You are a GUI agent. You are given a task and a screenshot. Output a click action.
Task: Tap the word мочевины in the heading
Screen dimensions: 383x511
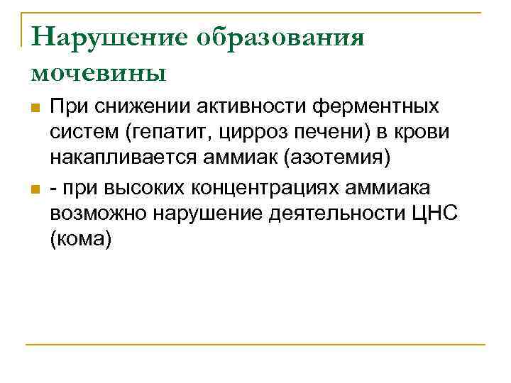99,71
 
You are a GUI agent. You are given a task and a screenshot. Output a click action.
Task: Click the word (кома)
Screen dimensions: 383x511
82,240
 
